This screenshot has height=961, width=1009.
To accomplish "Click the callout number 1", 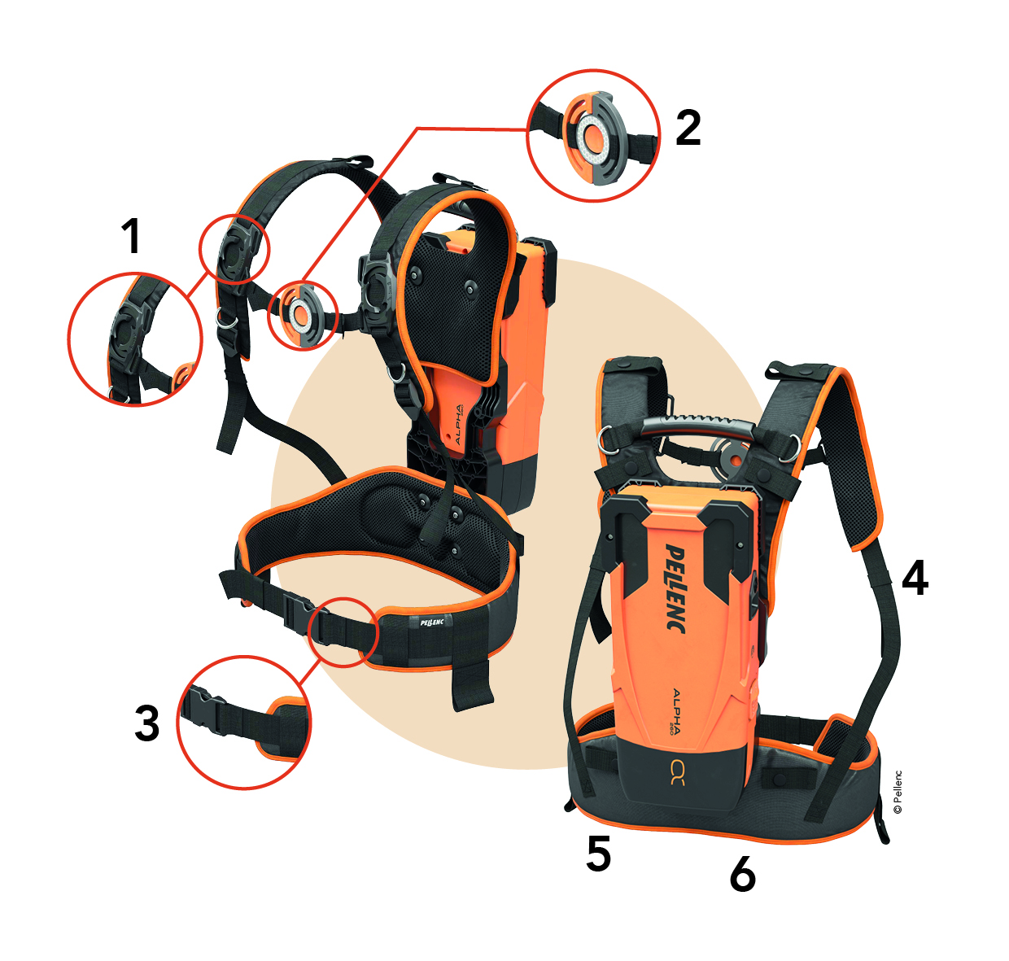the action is click(131, 236).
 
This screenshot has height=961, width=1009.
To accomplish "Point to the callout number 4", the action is click(915, 578).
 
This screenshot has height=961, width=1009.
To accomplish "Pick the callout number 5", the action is click(598, 854).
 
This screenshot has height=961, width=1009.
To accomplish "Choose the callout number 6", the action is click(743, 873).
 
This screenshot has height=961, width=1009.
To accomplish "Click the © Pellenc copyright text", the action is click(898, 792).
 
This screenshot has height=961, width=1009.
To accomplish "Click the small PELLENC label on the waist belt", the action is click(431, 622).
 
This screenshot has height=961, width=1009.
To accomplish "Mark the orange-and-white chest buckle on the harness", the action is click(299, 313).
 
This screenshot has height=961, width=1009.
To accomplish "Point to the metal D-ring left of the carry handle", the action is click(607, 439).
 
